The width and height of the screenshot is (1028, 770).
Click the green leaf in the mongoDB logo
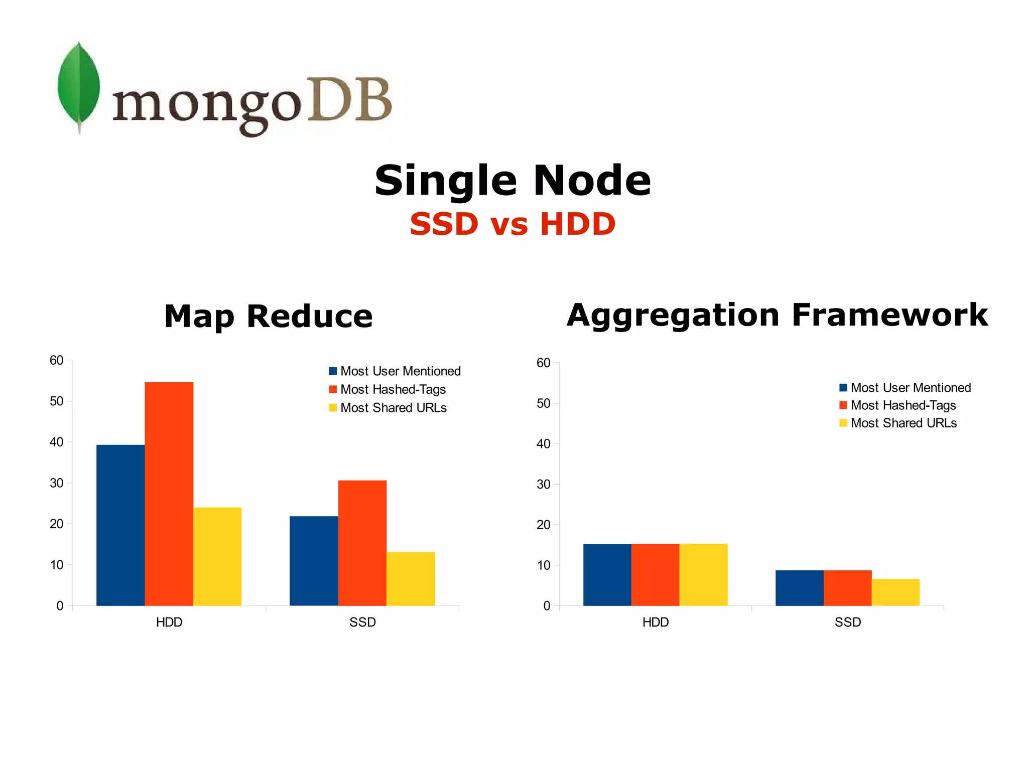click(78, 85)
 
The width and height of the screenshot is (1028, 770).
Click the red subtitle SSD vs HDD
click(512, 224)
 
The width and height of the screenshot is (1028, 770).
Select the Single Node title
click(512, 181)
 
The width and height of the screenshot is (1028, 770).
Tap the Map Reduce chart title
click(269, 317)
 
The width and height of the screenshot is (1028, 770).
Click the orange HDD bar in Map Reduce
click(169, 494)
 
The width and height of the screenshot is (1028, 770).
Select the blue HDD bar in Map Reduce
click(120, 525)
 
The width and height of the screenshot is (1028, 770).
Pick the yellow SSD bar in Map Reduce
click(411, 579)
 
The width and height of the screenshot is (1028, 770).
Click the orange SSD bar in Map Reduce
click(362, 543)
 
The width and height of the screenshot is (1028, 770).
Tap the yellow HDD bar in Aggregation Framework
click(703, 574)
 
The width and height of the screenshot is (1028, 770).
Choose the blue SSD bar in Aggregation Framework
click(799, 588)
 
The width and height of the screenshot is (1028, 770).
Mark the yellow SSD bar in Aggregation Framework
click(895, 592)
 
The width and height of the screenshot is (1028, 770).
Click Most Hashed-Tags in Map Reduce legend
click(393, 389)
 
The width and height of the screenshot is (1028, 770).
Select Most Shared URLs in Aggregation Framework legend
click(903, 423)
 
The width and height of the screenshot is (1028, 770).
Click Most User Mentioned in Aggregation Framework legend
click(910, 388)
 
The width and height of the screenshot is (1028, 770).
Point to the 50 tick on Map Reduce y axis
click(57, 401)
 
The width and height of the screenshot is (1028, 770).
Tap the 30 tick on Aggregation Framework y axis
click(544, 484)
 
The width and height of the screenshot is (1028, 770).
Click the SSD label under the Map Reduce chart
click(362, 623)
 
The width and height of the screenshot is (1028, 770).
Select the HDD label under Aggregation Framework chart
click(656, 623)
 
